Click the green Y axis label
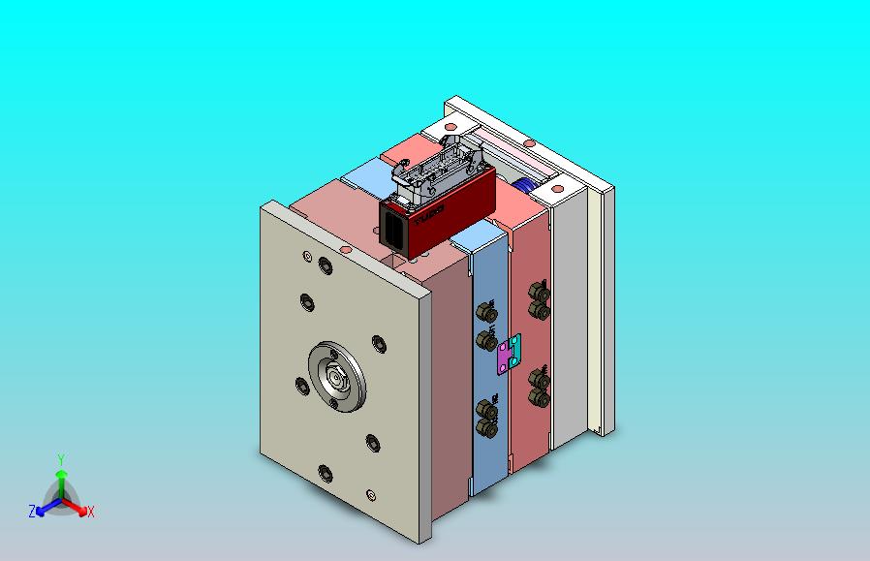60,459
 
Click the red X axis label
90,512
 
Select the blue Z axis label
32,511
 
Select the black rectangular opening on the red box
395,230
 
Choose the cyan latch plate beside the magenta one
513,348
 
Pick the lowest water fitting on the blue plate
487,427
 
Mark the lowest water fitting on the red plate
540,397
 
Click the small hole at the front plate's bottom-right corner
371,495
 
